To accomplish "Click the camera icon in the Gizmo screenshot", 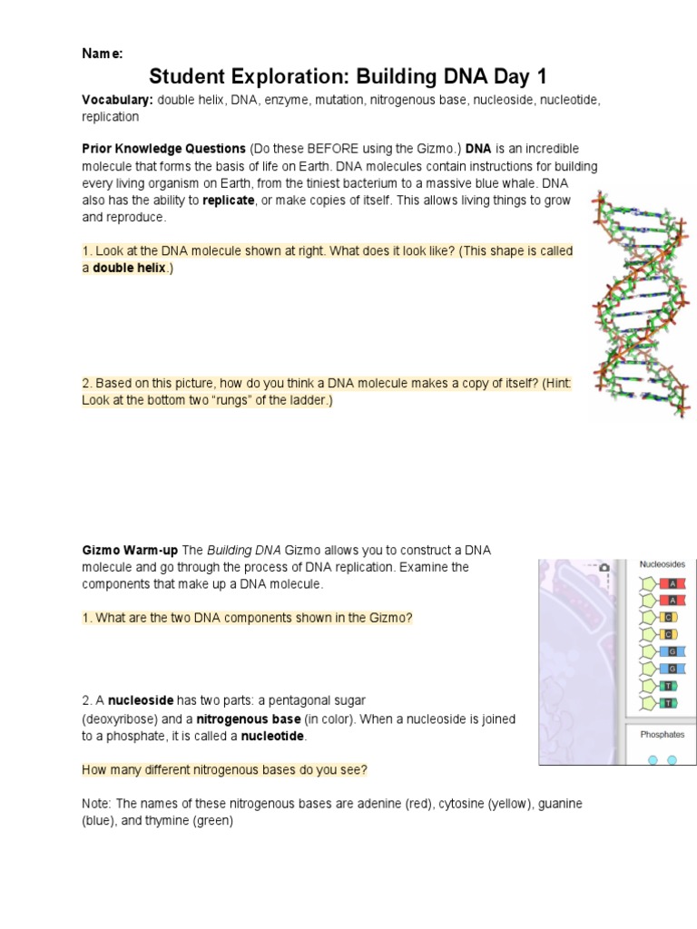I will (604, 568).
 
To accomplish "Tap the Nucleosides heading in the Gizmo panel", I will (662, 564).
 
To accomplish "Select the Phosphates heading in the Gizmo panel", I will (662, 734).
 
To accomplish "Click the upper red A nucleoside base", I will (672, 583).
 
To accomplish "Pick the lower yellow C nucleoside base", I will (669, 634).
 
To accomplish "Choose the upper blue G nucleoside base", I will (672, 651).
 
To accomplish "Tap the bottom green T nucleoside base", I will (669, 703).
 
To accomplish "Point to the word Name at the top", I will (102, 54).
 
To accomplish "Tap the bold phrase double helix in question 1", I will (129, 269).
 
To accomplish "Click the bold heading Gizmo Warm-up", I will (130, 551).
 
